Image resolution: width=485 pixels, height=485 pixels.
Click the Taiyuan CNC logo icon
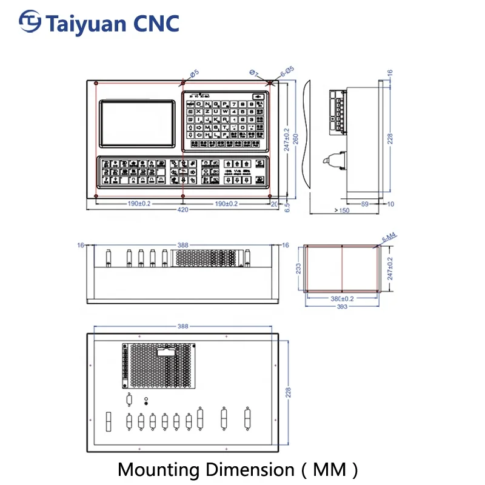[x=29, y=22]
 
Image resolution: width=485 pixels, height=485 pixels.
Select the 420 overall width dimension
[x=182, y=210]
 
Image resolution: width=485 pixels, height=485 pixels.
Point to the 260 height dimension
[x=296, y=138]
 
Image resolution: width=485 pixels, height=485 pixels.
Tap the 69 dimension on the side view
[x=365, y=204]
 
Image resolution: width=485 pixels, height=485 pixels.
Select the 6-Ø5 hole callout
[x=286, y=70]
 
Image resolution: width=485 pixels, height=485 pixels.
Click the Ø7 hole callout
[x=253, y=73]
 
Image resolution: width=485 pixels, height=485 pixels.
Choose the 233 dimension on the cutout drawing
[x=298, y=269]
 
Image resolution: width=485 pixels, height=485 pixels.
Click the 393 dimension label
[x=342, y=306]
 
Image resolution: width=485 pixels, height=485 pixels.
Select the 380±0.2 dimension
[x=342, y=298]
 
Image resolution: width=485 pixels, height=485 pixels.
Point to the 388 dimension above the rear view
[x=182, y=326]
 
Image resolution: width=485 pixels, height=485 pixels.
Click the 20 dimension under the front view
[x=274, y=204]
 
